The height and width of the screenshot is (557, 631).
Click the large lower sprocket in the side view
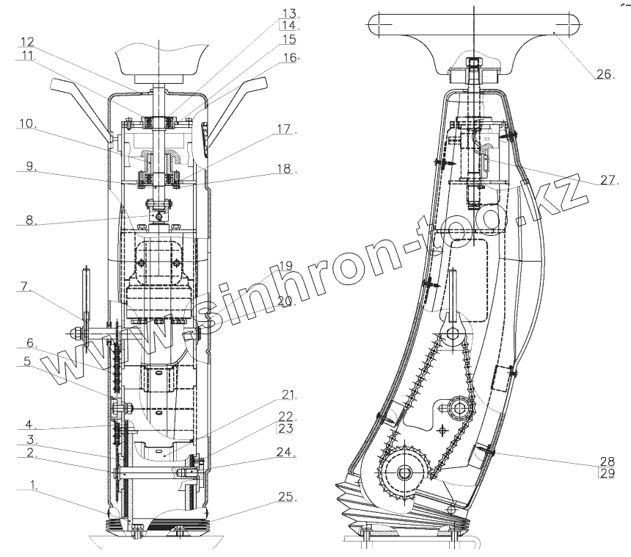[x=401, y=471]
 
